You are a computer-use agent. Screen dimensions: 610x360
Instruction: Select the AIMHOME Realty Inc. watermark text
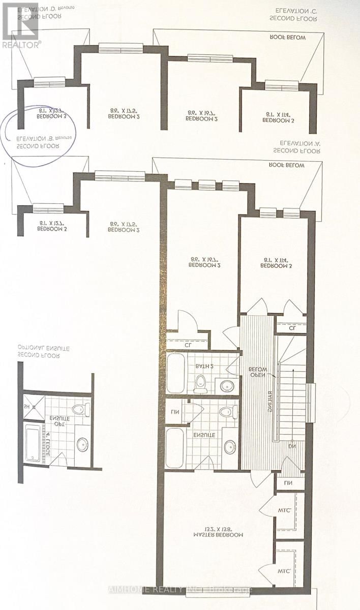pos(180,590)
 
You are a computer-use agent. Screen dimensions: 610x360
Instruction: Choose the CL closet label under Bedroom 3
pos(292,328)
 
